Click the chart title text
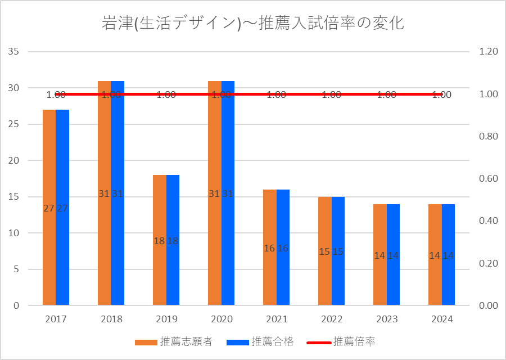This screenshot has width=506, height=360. [253, 23]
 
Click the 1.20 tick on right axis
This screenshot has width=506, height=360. [488, 52]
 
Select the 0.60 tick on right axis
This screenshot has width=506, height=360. [488, 179]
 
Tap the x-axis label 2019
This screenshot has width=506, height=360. [166, 319]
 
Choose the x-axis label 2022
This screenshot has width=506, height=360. [332, 319]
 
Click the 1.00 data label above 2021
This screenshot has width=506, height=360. [277, 94]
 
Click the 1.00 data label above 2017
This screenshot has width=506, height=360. [56, 94]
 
